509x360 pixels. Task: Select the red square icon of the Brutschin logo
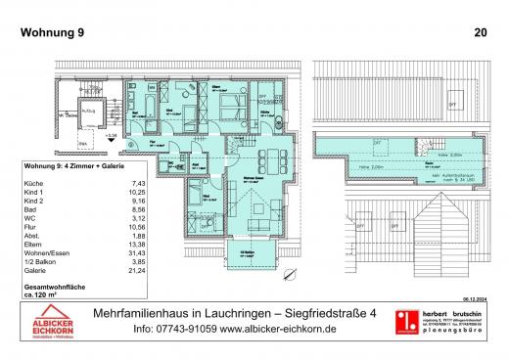[400, 324]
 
